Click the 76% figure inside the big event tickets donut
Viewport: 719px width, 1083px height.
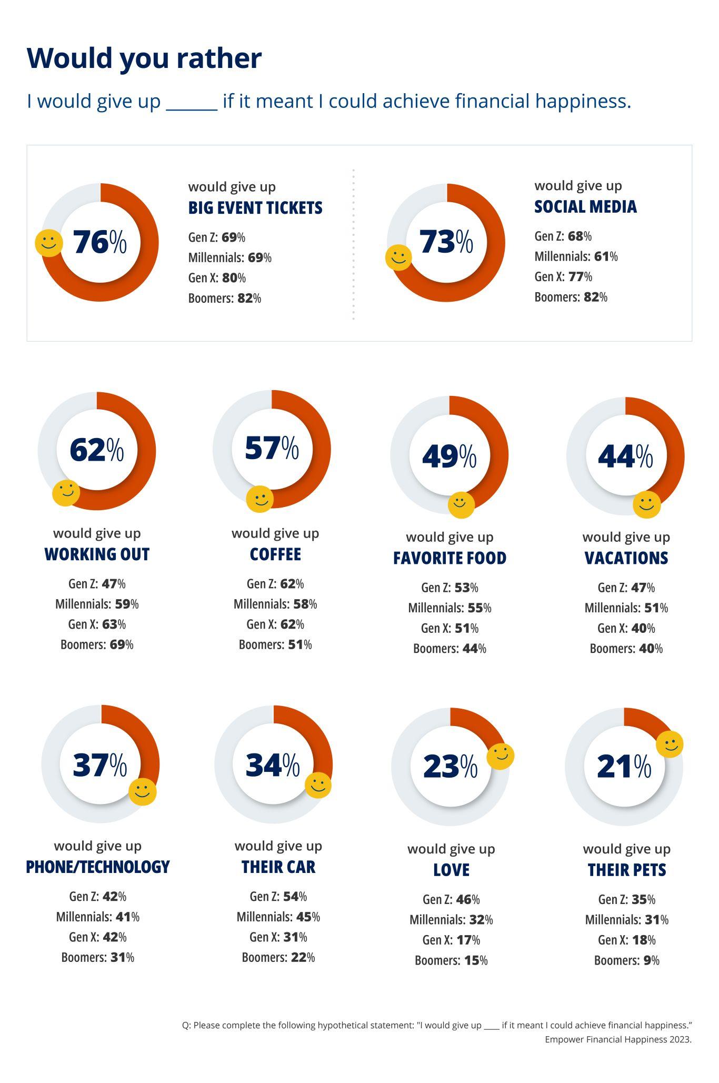tap(100, 242)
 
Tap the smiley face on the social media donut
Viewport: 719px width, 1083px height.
tap(398, 257)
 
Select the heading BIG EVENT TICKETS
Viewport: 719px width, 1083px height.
tap(255, 208)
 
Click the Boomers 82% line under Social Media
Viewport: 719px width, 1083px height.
tap(571, 297)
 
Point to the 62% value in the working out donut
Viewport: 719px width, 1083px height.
tap(97, 450)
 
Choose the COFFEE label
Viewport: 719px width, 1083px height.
tap(275, 554)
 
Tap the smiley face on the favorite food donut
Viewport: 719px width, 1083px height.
tap(461, 504)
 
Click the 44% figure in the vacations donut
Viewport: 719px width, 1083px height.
tap(625, 456)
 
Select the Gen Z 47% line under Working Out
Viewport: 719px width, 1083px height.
tap(97, 584)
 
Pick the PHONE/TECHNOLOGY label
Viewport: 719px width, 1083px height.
tap(98, 867)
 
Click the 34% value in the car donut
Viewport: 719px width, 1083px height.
tap(273, 765)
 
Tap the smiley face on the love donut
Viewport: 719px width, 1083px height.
tap(500, 757)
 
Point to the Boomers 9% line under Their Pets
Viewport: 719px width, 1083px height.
tap(626, 960)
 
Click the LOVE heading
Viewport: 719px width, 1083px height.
tap(451, 870)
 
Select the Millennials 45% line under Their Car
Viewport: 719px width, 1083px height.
tap(278, 917)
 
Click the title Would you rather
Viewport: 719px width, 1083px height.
tap(144, 58)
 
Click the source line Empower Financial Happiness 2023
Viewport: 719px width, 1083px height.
tap(618, 1039)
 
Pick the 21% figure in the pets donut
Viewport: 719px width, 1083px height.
tap(624, 767)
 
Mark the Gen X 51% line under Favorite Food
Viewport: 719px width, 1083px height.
tap(450, 628)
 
